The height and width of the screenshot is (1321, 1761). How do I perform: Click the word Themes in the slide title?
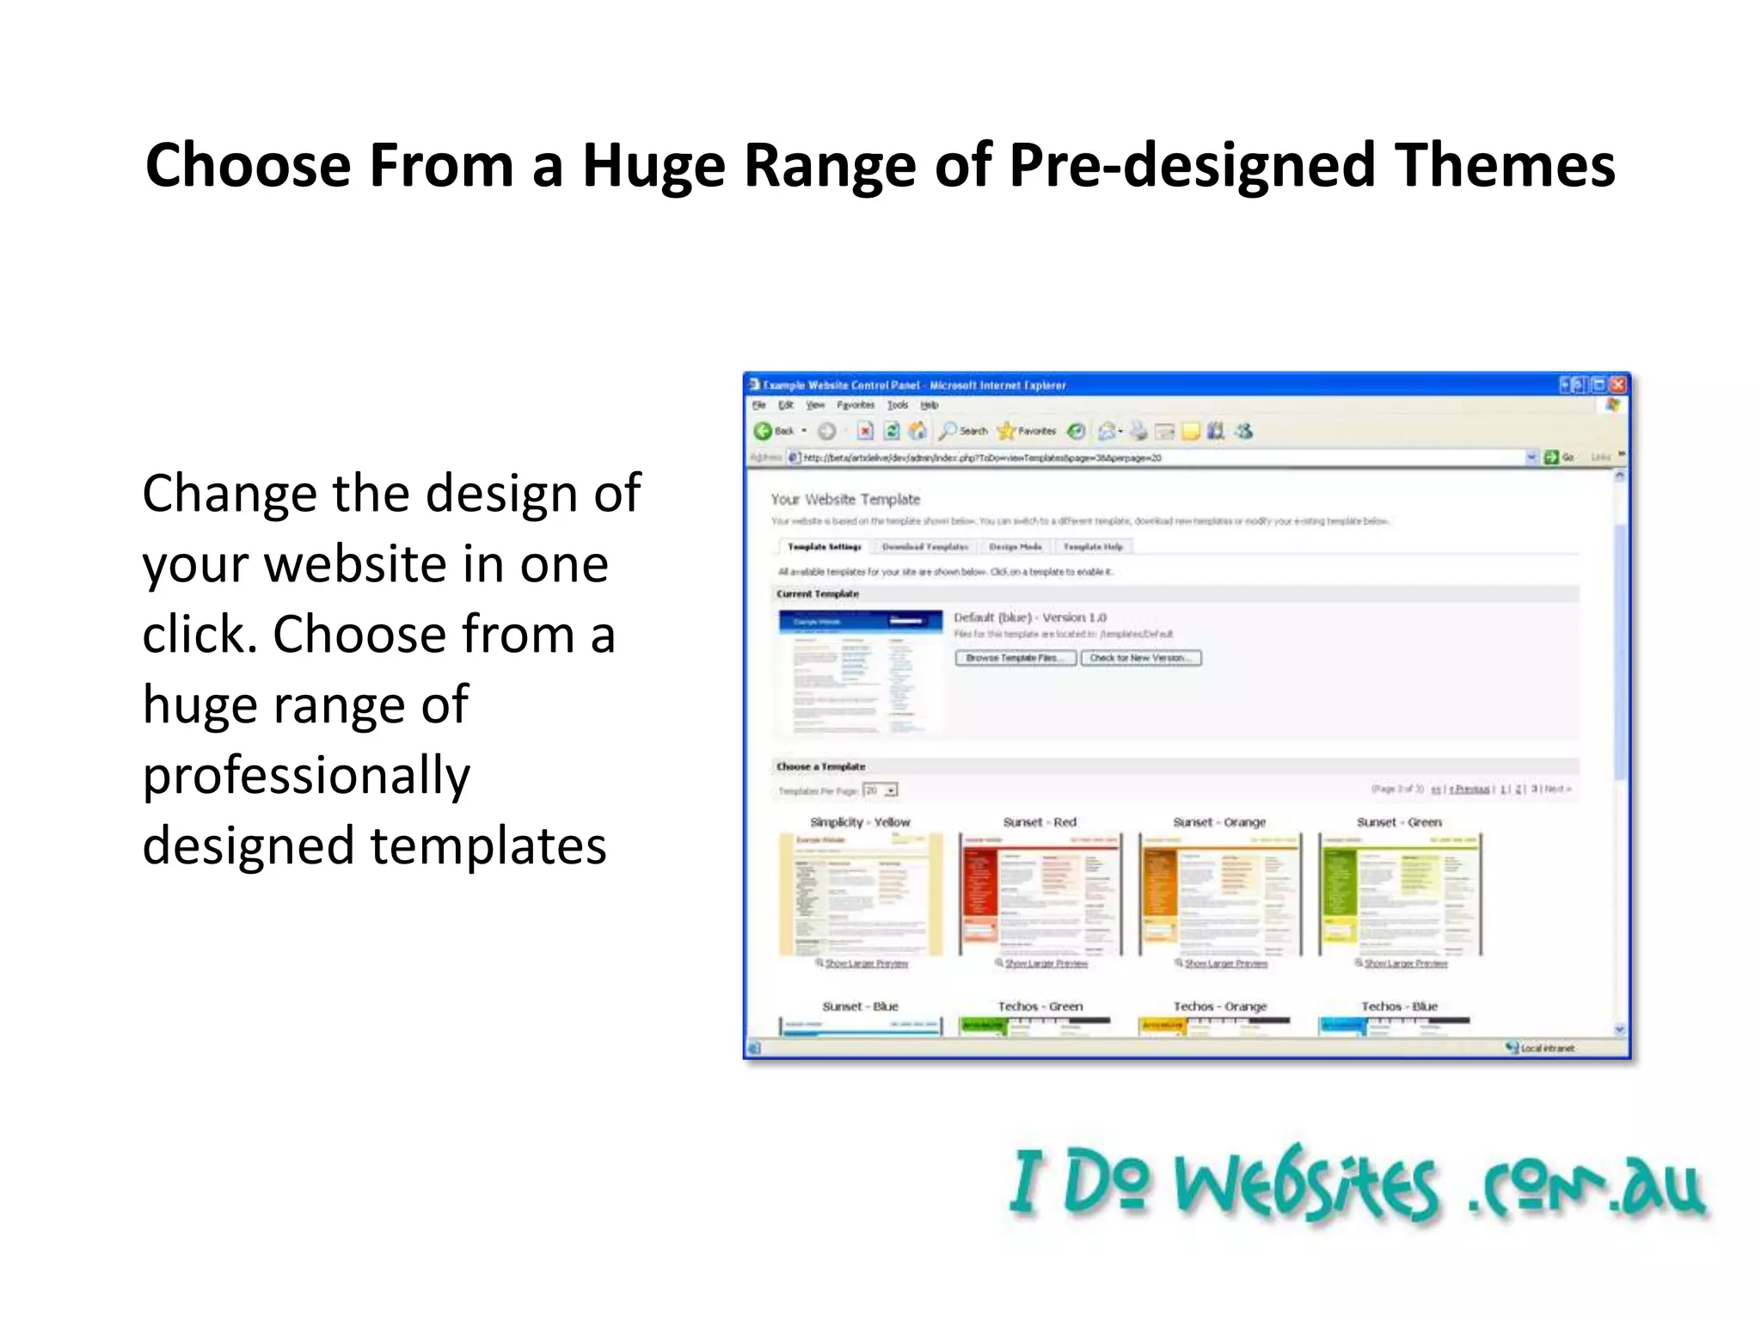(x=1505, y=165)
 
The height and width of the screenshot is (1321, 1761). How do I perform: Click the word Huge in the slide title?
(x=653, y=165)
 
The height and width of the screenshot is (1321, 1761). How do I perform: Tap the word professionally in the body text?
(x=306, y=776)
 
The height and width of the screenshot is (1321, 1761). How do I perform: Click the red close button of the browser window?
(x=1617, y=384)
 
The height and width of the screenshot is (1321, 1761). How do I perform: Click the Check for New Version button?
(x=1140, y=658)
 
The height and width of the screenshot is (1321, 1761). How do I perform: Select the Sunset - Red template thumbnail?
(x=1040, y=894)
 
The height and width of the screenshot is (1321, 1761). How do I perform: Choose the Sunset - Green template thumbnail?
(x=1400, y=894)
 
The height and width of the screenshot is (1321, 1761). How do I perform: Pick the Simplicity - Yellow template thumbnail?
(x=860, y=894)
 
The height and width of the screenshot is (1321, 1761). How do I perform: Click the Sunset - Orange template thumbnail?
(x=1219, y=894)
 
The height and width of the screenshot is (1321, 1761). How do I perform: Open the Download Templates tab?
(x=924, y=547)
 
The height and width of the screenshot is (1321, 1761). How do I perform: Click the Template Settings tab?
(x=824, y=547)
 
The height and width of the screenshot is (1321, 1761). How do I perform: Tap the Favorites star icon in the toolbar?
(x=1006, y=431)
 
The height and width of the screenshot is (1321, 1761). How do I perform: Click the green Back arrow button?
(x=764, y=431)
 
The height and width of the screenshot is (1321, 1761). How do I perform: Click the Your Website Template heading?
(x=845, y=500)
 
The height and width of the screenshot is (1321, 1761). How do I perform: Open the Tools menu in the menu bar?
(x=897, y=405)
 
